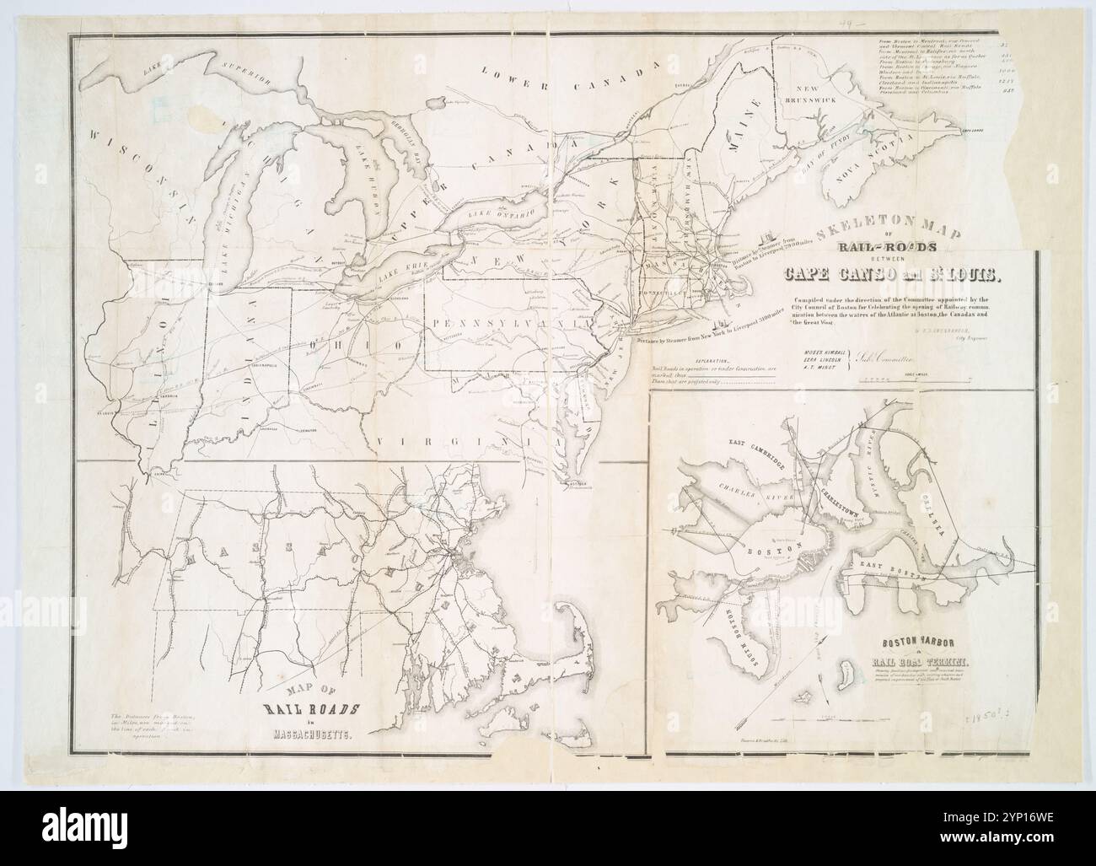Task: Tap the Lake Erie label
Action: coord(403,270)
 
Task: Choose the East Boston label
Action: coord(895,571)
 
